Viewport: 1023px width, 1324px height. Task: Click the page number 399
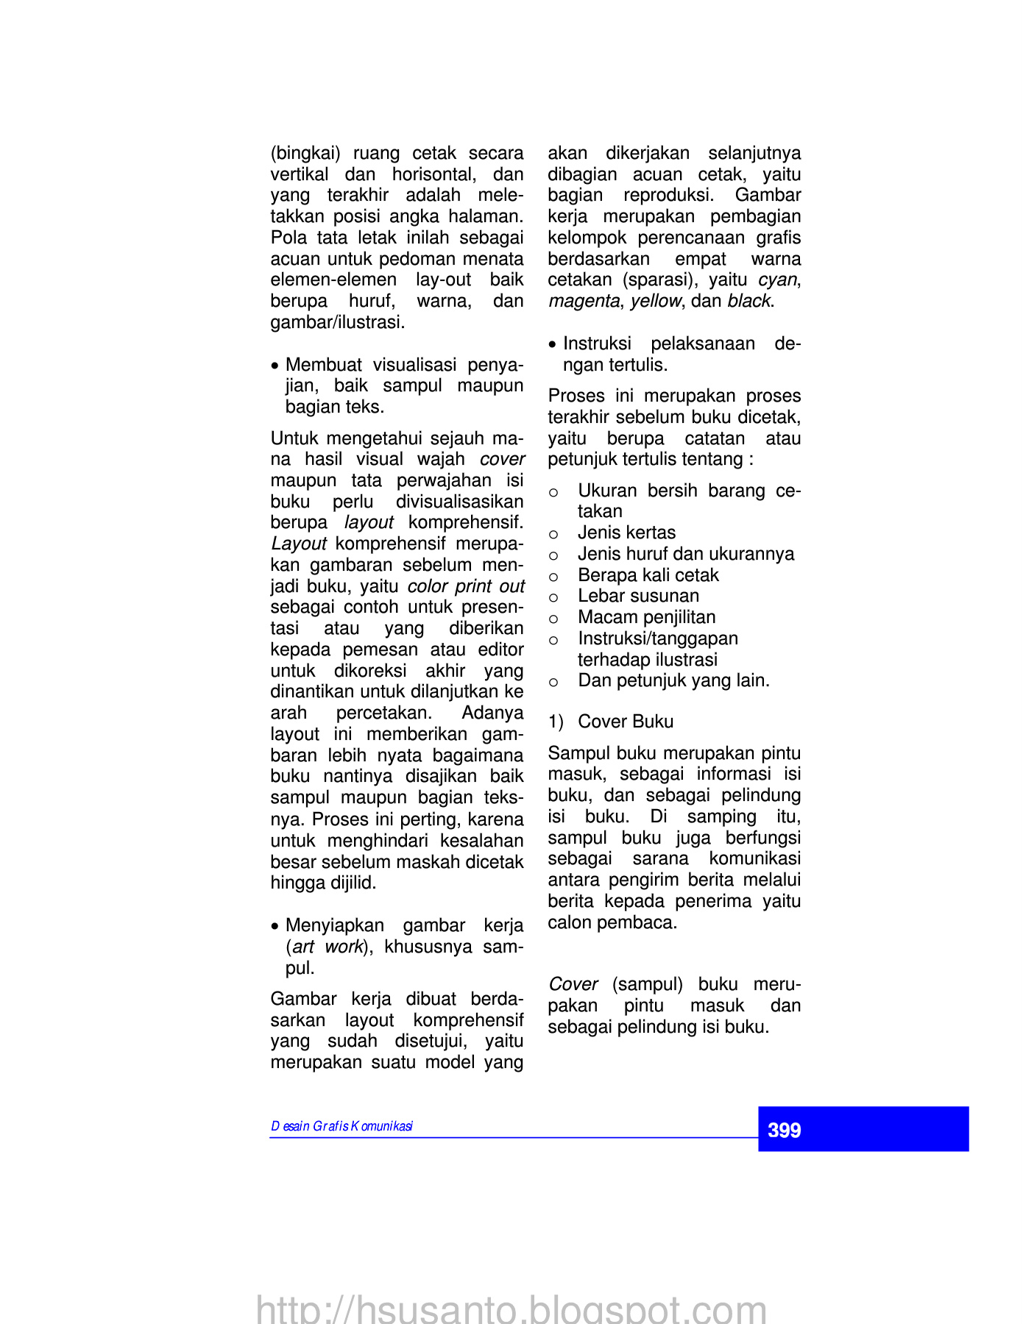pos(784,1130)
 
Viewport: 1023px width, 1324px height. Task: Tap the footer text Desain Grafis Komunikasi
pos(341,1126)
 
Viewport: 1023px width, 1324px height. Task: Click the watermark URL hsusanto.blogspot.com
pos(511,1309)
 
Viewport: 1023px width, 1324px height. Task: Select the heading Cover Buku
pos(626,722)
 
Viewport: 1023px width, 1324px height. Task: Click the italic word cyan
pos(777,280)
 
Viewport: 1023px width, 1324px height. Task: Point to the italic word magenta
pos(583,301)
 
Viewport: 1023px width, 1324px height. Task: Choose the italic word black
pos(748,301)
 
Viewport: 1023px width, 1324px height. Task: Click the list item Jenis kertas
pos(626,533)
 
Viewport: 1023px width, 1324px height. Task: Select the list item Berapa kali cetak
pos(648,575)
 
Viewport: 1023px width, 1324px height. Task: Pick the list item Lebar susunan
pos(638,596)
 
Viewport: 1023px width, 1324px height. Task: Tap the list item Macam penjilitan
pos(646,617)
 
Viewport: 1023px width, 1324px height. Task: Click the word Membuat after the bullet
pos(323,365)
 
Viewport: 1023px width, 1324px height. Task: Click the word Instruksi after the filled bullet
pos(597,344)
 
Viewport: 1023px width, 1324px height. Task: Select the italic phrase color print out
pos(466,586)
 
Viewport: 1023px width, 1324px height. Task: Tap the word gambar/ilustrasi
pos(337,322)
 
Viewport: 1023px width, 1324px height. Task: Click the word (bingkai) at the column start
pos(305,153)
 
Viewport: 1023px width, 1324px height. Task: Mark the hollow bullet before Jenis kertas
pos(553,534)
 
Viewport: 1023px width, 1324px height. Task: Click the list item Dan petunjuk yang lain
pos(673,680)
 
